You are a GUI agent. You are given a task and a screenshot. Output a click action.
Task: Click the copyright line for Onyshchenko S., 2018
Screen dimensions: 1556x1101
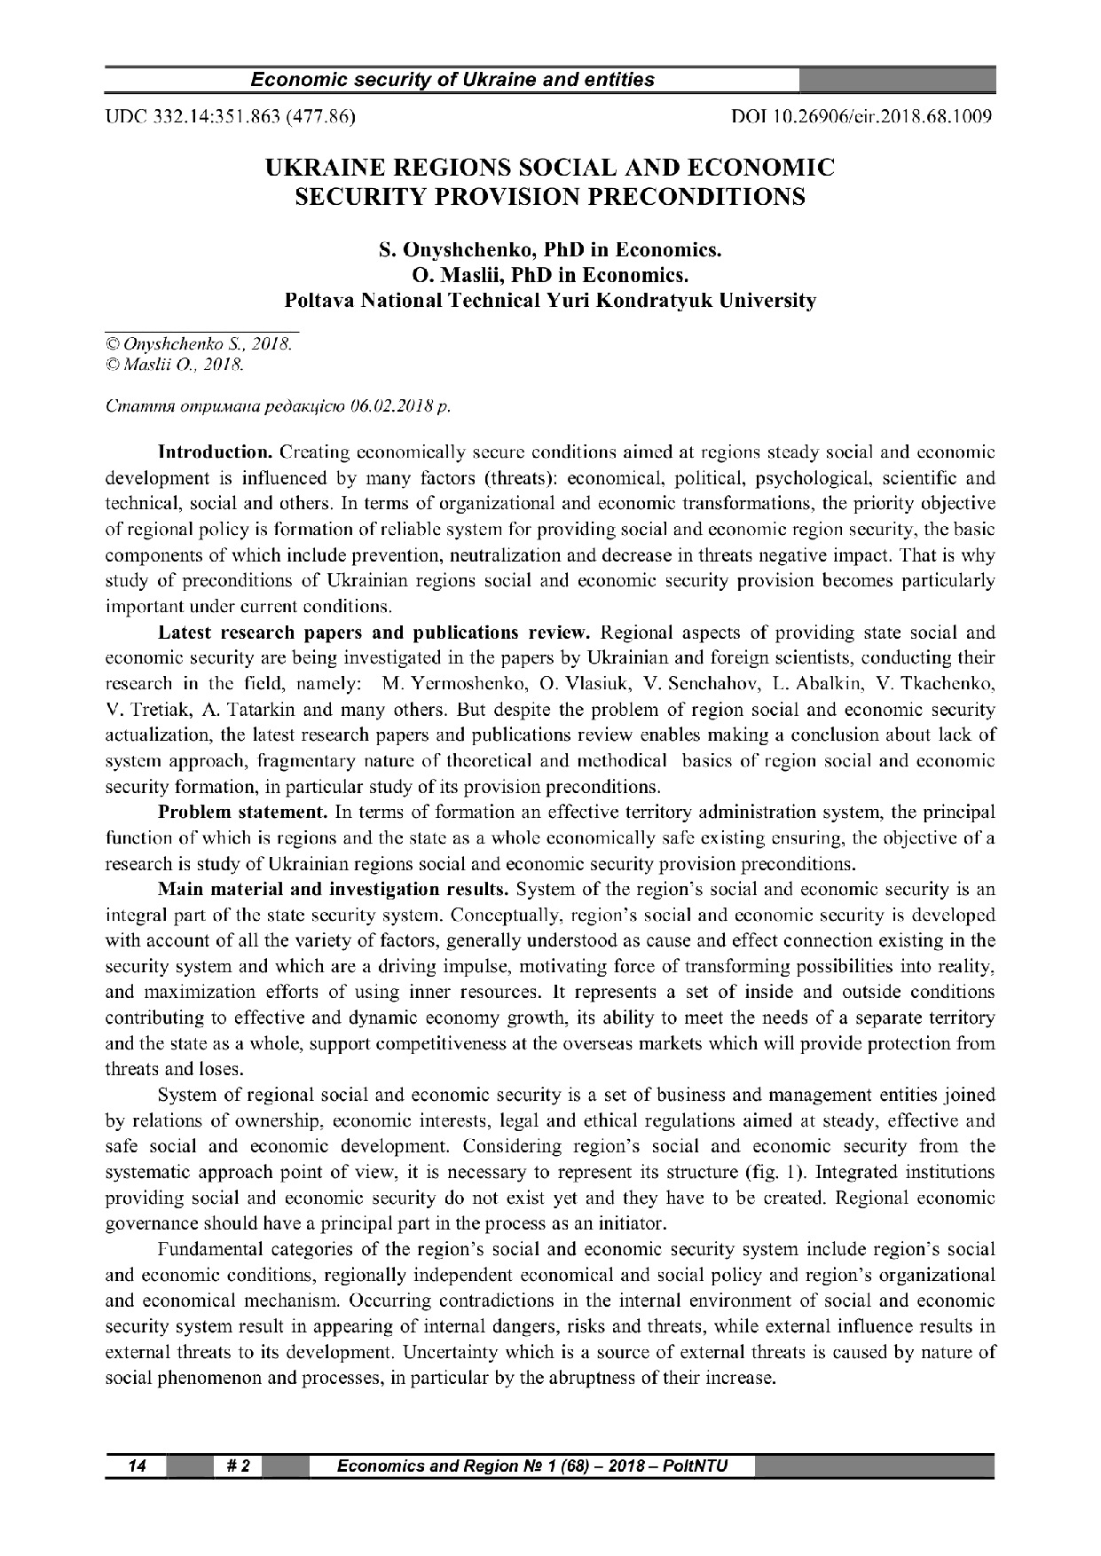pos(199,343)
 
